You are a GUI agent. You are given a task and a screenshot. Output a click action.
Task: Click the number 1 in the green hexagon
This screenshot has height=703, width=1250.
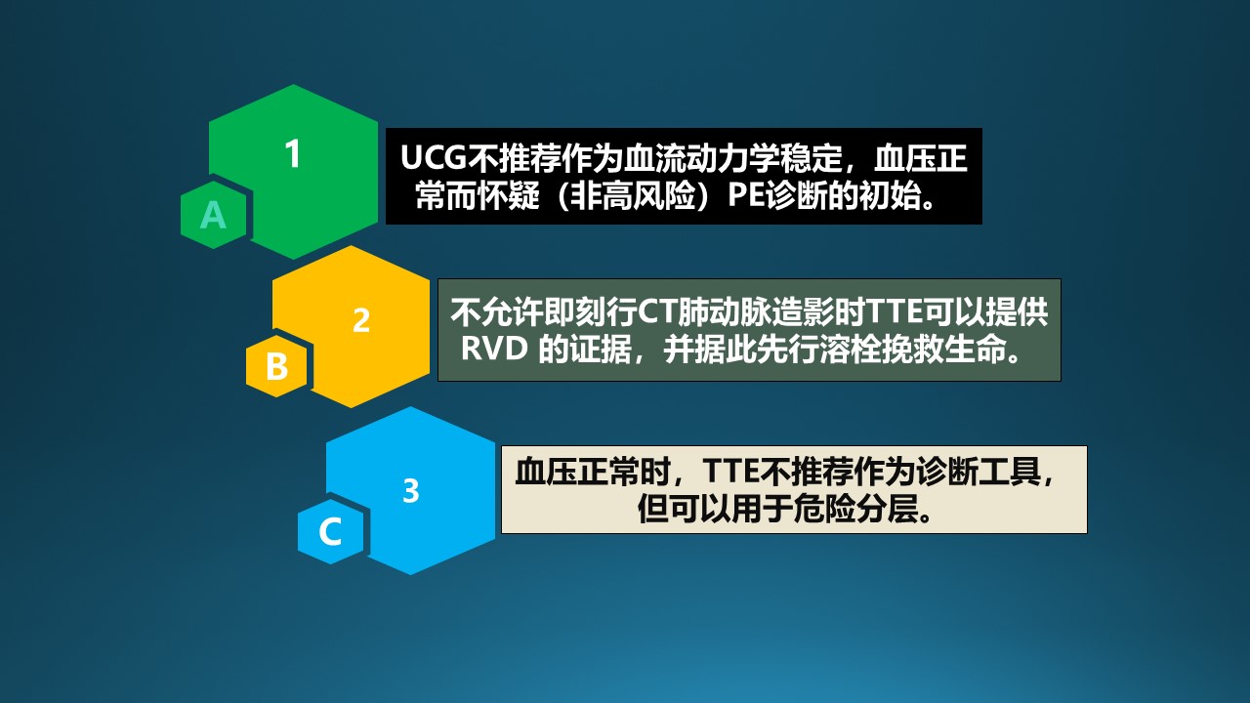pos(293,154)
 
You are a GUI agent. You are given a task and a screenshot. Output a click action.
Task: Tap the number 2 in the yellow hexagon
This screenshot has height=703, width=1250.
pos(361,321)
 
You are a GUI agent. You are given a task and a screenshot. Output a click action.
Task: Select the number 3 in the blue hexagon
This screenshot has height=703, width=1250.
pos(411,491)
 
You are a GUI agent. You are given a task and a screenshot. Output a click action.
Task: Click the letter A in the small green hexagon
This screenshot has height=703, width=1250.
pos(213,215)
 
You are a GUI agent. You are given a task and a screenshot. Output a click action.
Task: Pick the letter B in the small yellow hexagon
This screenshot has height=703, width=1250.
pos(276,366)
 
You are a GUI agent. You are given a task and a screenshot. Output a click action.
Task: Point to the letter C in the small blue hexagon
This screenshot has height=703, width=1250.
pos(330,531)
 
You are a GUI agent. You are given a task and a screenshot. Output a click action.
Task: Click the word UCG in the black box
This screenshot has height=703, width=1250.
pos(434,158)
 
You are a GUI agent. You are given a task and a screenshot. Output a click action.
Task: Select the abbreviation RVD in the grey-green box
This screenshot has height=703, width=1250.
pos(494,350)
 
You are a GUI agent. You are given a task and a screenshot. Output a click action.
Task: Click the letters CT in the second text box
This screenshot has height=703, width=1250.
pos(657,312)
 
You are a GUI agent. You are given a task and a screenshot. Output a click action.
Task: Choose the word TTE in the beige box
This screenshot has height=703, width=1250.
pos(729,472)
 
